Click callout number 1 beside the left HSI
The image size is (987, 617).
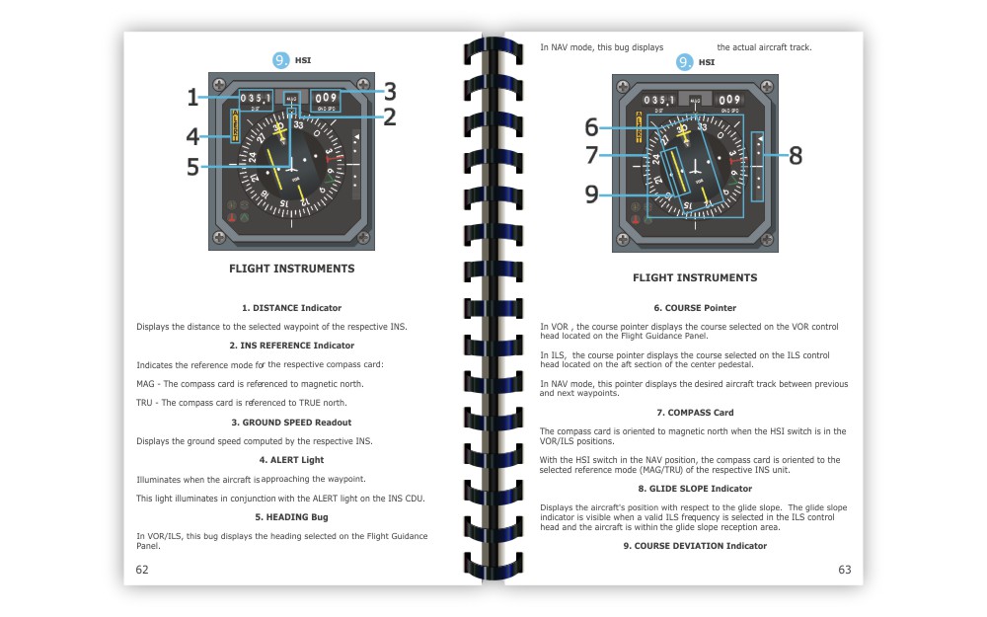point(192,97)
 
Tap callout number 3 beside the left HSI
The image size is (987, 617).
point(390,92)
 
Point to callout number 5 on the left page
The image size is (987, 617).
point(192,167)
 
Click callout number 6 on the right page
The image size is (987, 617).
point(591,126)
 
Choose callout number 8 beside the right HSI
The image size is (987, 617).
point(795,155)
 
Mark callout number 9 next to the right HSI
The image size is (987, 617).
point(591,194)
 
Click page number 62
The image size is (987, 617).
point(142,570)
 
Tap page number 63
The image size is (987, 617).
point(844,570)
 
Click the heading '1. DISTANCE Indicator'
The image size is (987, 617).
point(291,308)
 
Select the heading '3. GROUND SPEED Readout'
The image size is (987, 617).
point(291,423)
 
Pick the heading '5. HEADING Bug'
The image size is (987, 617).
point(291,517)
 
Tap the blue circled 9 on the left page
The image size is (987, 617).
point(281,60)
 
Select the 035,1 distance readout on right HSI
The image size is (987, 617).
point(658,100)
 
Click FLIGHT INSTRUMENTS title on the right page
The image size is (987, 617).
point(695,278)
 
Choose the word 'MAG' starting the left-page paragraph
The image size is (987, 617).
point(144,384)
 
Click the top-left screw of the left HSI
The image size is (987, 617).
point(219,85)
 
